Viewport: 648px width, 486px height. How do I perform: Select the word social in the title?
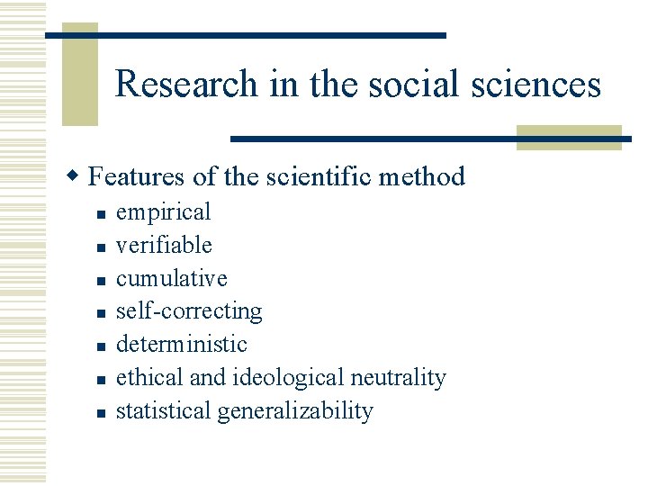[x=418, y=85]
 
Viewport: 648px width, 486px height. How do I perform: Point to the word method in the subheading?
[x=422, y=176]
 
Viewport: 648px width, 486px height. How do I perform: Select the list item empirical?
[x=163, y=212]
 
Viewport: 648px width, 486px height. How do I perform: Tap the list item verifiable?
[x=164, y=246]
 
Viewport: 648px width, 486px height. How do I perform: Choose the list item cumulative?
[x=172, y=279]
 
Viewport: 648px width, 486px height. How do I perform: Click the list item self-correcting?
[x=189, y=311]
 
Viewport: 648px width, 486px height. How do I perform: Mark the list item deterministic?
[x=181, y=345]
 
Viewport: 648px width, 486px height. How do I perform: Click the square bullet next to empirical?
[x=102, y=214]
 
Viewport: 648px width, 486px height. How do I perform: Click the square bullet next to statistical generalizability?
[x=102, y=413]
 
